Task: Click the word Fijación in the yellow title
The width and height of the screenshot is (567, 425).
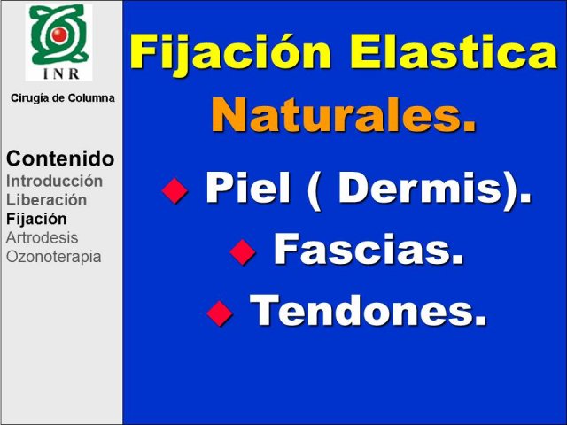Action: point(230,53)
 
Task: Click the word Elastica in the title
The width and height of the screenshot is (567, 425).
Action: point(454,51)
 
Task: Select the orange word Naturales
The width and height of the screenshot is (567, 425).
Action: point(343,114)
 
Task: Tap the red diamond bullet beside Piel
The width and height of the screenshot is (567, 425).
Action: point(175,190)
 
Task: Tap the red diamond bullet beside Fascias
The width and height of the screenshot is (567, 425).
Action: point(243,251)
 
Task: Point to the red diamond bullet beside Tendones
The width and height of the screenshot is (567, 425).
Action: point(220,313)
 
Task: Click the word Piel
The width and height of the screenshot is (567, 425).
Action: point(248,188)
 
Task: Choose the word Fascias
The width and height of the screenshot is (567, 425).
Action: point(369,250)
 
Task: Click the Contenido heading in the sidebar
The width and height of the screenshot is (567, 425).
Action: point(60,158)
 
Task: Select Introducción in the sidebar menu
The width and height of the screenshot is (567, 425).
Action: point(54,181)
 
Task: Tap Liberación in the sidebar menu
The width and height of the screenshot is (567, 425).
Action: point(46,200)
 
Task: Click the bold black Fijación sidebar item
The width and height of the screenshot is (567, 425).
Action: point(36,219)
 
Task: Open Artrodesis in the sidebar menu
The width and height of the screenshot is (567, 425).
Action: point(42,238)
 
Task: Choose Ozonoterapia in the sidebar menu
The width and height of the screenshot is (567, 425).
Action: point(53,257)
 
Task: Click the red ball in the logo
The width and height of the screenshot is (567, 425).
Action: point(59,35)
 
